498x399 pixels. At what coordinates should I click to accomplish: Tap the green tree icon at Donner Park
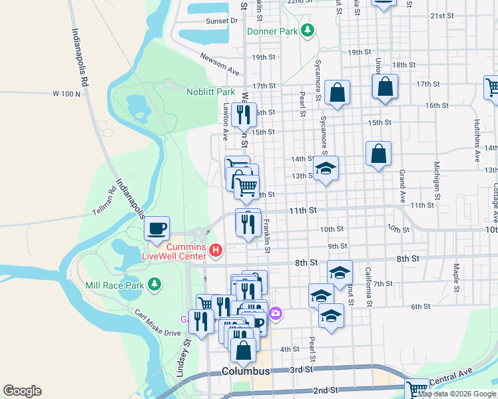(x=307, y=30)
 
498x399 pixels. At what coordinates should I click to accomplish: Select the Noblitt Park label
(x=210, y=92)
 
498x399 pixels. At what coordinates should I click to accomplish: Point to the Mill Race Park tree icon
(x=154, y=285)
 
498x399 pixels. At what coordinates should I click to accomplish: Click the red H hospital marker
(x=215, y=250)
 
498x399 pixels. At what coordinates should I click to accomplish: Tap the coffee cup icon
(x=157, y=229)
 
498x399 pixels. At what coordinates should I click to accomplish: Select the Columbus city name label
(x=246, y=371)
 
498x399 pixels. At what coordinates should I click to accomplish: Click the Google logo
(x=22, y=391)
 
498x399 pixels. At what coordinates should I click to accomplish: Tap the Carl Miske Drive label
(x=157, y=323)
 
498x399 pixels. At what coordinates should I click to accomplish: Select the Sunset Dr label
(x=222, y=21)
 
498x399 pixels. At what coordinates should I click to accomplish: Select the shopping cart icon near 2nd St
(x=417, y=388)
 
